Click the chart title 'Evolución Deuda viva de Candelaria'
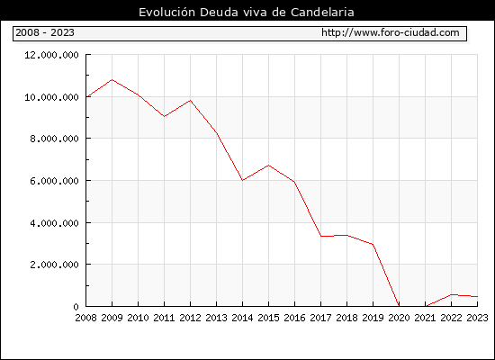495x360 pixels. pos(247,12)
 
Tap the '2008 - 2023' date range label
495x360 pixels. pos(45,32)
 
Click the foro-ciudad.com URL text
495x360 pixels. pos(391,32)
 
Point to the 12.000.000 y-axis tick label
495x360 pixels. pos(52,55)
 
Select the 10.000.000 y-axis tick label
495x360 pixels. pos(52,97)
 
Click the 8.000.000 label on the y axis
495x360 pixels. pos(54,139)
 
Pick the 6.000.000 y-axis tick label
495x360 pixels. pos(54,181)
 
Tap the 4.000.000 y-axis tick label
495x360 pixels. pos(54,223)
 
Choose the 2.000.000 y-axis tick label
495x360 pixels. pos(54,265)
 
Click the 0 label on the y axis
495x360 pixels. pos(76,307)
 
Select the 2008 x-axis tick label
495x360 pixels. pos(85,318)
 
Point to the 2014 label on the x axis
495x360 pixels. pos(242,318)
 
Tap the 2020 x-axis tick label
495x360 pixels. pos(399,318)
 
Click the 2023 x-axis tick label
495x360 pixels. pos(477,318)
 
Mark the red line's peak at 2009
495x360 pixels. pos(112,79)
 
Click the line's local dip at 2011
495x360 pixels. pos(164,116)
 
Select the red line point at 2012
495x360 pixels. pos(191,101)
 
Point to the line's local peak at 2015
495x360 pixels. pos(269,166)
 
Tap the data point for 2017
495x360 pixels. pos(320,236)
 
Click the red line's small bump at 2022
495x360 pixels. pos(452,294)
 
